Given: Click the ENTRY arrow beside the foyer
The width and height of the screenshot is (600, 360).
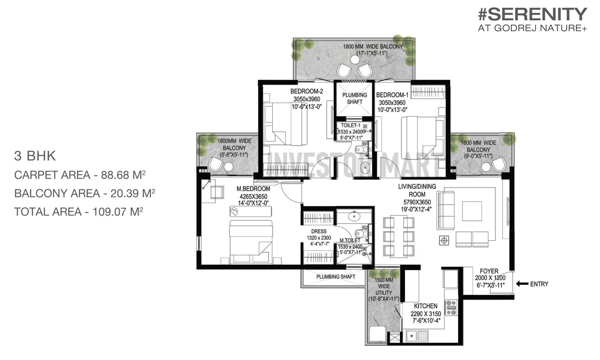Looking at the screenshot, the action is click(x=522, y=284).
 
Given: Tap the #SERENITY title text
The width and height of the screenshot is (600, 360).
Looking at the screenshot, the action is click(x=533, y=14).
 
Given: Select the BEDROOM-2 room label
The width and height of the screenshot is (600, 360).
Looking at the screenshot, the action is click(x=307, y=91).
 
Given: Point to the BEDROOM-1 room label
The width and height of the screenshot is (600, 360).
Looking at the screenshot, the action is click(x=392, y=95).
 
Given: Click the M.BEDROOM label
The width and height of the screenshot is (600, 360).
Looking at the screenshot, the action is click(x=253, y=189).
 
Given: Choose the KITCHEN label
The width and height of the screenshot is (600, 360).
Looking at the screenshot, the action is click(x=425, y=306).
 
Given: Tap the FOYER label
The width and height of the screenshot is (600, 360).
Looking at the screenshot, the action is click(x=489, y=271).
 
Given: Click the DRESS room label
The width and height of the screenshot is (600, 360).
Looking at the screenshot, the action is click(x=319, y=231).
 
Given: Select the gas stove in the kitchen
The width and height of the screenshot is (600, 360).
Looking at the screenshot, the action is click(x=451, y=308).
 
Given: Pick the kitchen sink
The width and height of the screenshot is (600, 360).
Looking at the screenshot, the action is click(x=417, y=336).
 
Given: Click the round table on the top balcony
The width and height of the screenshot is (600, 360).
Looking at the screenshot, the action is click(x=355, y=60).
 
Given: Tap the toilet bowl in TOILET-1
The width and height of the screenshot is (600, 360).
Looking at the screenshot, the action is click(x=361, y=149).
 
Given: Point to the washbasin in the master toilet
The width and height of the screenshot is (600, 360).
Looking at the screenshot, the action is click(x=354, y=216).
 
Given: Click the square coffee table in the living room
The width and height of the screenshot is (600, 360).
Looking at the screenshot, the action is click(x=472, y=211).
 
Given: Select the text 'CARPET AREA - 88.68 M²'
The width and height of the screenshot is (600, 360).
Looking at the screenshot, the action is click(x=80, y=175).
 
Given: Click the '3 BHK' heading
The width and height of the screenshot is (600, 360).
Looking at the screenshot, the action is click(x=35, y=156).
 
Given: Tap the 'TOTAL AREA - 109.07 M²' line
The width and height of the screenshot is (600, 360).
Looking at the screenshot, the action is click(x=79, y=212).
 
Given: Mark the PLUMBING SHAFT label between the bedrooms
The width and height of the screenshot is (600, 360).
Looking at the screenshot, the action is click(x=355, y=99).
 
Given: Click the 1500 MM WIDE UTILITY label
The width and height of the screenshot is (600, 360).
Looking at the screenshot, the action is click(x=384, y=289).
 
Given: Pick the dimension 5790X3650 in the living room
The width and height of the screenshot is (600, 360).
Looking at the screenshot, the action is click(x=417, y=202).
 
